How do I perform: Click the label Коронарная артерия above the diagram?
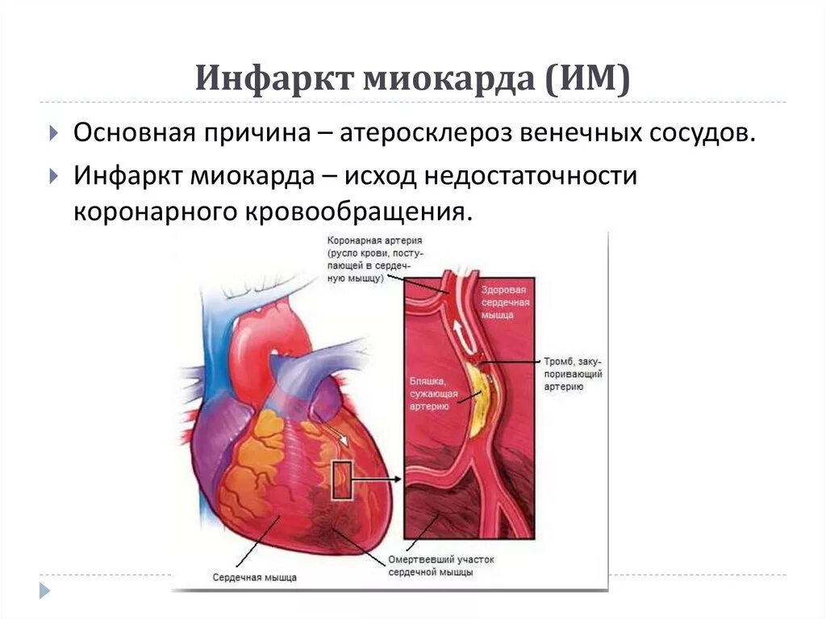point(375,241)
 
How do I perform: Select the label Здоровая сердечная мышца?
point(504,302)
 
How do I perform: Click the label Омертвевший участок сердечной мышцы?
point(440,565)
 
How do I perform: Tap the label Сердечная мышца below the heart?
point(255,577)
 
